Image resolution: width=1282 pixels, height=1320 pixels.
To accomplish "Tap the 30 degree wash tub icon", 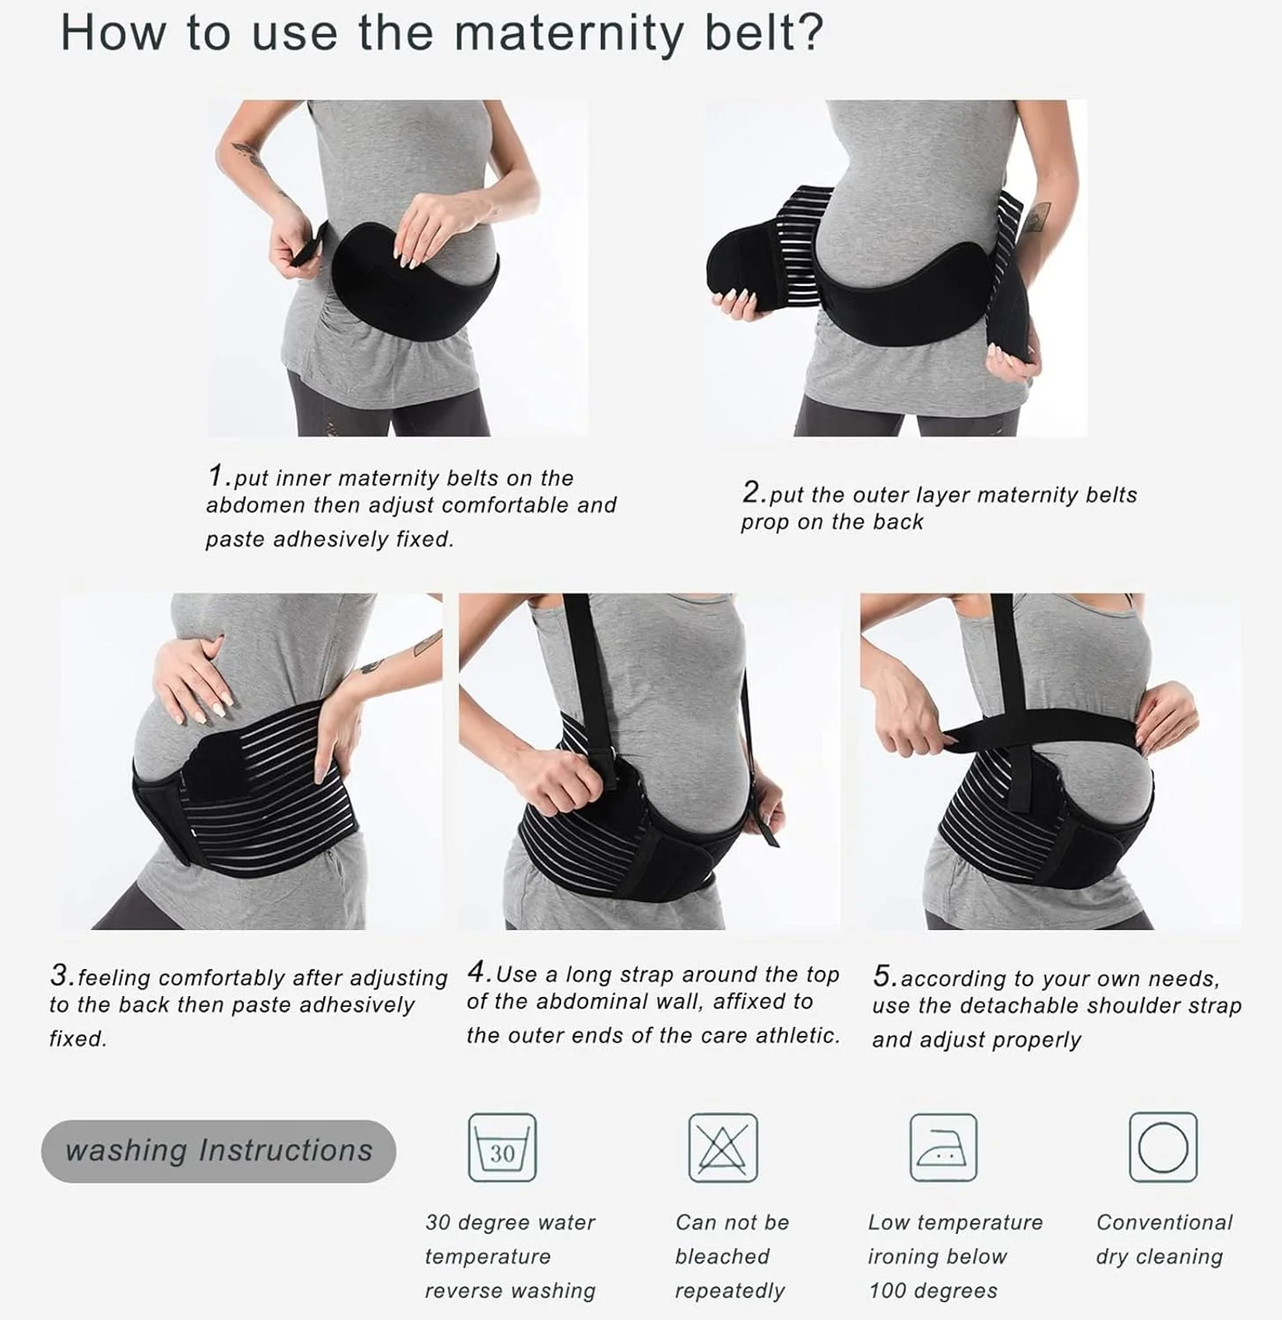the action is click(x=502, y=1148).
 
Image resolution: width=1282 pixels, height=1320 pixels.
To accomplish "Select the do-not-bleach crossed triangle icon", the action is click(x=723, y=1148).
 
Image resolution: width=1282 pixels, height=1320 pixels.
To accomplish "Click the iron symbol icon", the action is click(x=943, y=1148).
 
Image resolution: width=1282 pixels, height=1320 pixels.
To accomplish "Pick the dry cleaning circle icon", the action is click(x=1163, y=1148).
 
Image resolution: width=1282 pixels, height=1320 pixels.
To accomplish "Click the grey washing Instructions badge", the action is click(x=218, y=1151).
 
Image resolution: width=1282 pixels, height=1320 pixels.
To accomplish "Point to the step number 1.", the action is click(x=217, y=476).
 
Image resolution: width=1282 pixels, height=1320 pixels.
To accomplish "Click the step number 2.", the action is click(x=751, y=492).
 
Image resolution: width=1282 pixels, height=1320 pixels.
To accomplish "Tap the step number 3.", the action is click(x=61, y=975).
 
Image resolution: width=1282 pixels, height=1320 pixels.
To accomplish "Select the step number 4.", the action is click(x=478, y=972).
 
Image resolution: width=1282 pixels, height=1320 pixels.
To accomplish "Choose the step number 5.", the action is click(x=884, y=976).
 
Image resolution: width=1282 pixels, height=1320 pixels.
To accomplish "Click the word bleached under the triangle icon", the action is click(x=722, y=1257).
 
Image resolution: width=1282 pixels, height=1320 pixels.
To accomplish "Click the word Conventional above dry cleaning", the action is click(x=1164, y=1222).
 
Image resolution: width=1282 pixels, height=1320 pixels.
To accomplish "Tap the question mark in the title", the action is click(x=807, y=33).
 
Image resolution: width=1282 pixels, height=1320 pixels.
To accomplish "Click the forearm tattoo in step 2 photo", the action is click(x=1036, y=216).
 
